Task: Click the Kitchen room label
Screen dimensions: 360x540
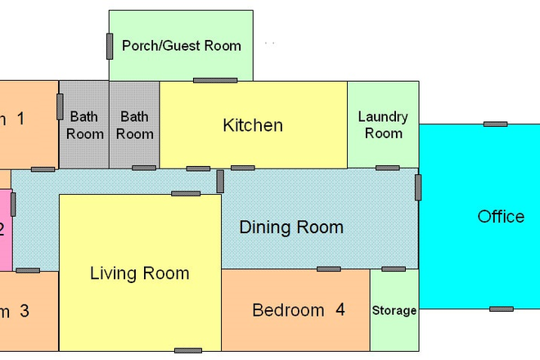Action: click(x=253, y=125)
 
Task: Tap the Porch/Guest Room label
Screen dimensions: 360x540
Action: click(x=182, y=45)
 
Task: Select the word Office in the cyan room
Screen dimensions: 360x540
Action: click(x=501, y=217)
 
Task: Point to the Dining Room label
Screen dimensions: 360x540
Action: click(x=291, y=227)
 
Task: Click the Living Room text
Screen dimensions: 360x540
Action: click(x=139, y=273)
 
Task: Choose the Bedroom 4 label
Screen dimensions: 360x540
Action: click(x=298, y=310)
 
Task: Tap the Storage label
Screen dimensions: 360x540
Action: click(x=394, y=311)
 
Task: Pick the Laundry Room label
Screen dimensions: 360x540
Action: click(x=383, y=125)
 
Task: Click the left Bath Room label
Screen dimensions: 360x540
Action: click(x=84, y=125)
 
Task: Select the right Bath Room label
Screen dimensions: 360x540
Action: click(x=135, y=125)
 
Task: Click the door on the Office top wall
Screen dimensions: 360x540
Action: click(x=495, y=124)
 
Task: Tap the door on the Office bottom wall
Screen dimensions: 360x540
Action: click(x=502, y=308)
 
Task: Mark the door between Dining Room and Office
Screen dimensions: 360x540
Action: click(x=418, y=187)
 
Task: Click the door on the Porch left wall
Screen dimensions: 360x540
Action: click(x=110, y=46)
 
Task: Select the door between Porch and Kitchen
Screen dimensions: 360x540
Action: click(x=215, y=80)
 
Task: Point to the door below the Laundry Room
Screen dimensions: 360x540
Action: click(x=388, y=169)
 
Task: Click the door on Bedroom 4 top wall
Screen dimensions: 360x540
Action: click(x=329, y=268)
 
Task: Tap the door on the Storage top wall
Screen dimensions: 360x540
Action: click(x=394, y=268)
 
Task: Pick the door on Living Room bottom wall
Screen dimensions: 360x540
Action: click(x=188, y=350)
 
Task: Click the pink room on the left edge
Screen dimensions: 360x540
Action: click(x=5, y=230)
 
